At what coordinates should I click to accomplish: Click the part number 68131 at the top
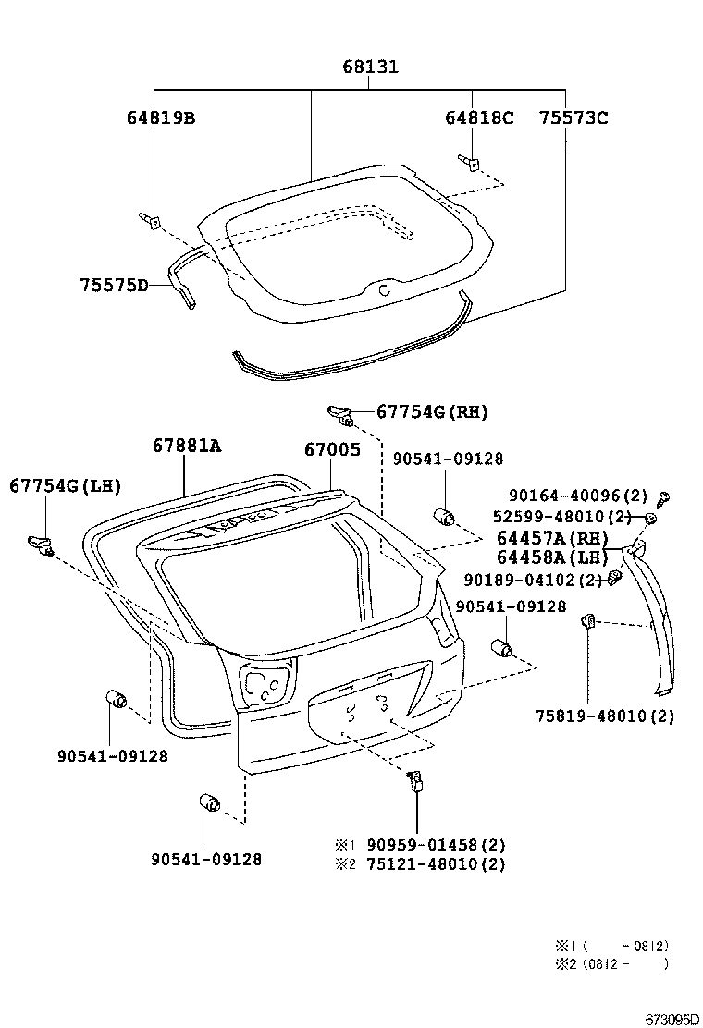[370, 67]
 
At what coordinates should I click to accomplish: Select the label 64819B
[161, 117]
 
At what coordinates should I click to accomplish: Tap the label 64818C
[478, 117]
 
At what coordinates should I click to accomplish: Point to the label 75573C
[573, 117]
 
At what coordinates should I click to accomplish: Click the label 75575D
[114, 285]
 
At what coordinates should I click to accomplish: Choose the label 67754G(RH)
[431, 411]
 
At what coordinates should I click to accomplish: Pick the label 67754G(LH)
[66, 485]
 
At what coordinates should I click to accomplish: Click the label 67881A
[187, 446]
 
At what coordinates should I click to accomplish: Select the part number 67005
[332, 449]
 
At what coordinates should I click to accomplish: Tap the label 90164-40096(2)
[578, 496]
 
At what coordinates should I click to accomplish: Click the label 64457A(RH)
[552, 538]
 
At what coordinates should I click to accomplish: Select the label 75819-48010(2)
[605, 716]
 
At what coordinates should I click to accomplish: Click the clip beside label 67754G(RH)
[341, 415]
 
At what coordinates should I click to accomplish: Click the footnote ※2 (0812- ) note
[611, 964]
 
